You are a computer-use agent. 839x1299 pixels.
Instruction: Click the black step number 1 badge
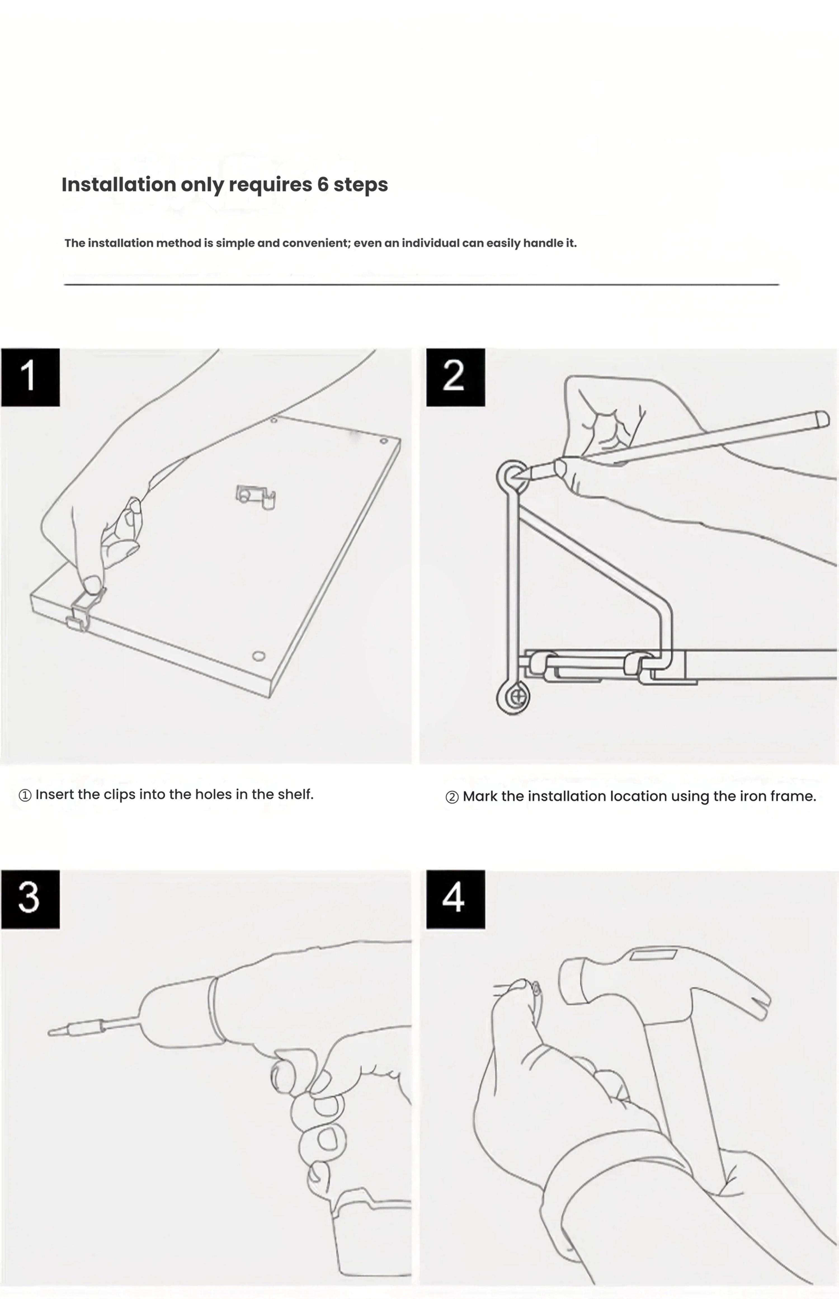30,377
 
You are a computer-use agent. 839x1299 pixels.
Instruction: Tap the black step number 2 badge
456,377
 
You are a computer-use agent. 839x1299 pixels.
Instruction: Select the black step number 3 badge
30,899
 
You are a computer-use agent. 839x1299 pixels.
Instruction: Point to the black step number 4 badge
456,899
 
